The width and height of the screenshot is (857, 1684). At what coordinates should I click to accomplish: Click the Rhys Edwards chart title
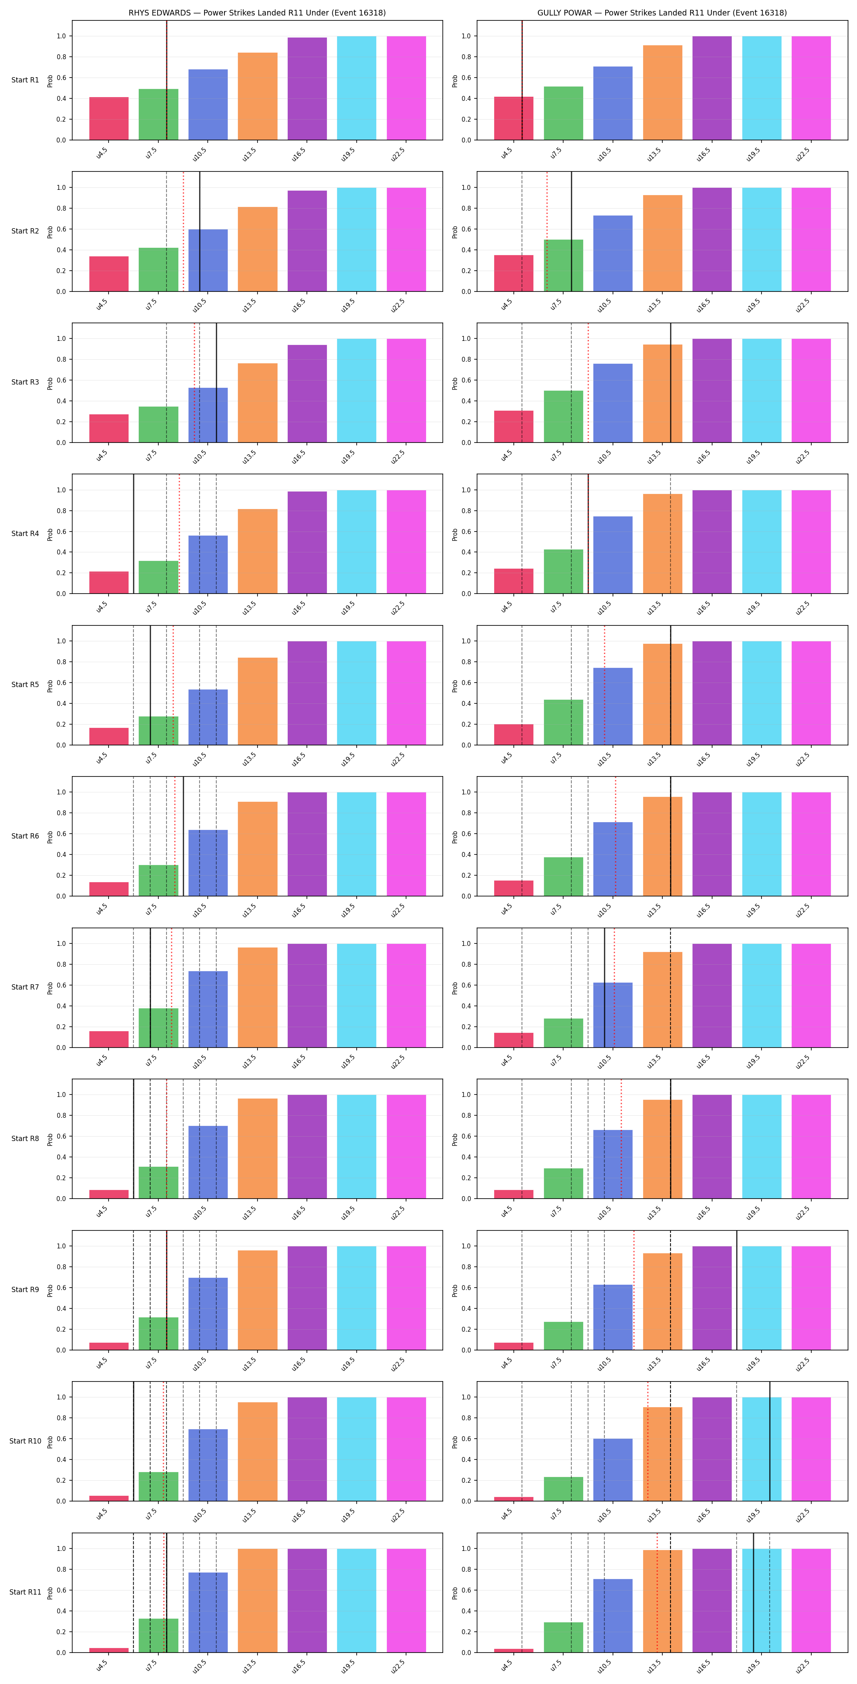[x=257, y=12]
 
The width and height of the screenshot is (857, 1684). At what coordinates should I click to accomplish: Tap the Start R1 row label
[x=25, y=80]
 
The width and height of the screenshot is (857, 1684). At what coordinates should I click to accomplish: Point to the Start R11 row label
[x=25, y=1592]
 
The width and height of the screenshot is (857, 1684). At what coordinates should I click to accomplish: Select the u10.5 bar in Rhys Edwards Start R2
[x=208, y=260]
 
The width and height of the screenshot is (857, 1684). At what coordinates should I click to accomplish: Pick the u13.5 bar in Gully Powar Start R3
[x=662, y=394]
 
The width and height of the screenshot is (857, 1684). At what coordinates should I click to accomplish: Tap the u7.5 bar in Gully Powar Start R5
[x=564, y=722]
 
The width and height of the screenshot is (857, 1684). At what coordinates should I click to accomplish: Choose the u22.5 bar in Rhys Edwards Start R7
[x=406, y=996]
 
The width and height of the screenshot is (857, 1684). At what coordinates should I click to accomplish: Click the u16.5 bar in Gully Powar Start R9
[x=712, y=1298]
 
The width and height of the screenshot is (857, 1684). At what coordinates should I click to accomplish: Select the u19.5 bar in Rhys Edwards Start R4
[x=356, y=542]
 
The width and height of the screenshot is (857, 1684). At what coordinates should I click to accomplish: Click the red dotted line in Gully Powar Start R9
[x=633, y=1290]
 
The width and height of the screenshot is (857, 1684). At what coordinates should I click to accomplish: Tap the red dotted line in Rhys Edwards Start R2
[x=183, y=231]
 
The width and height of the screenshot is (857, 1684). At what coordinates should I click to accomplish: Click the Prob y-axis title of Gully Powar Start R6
[x=455, y=837]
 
